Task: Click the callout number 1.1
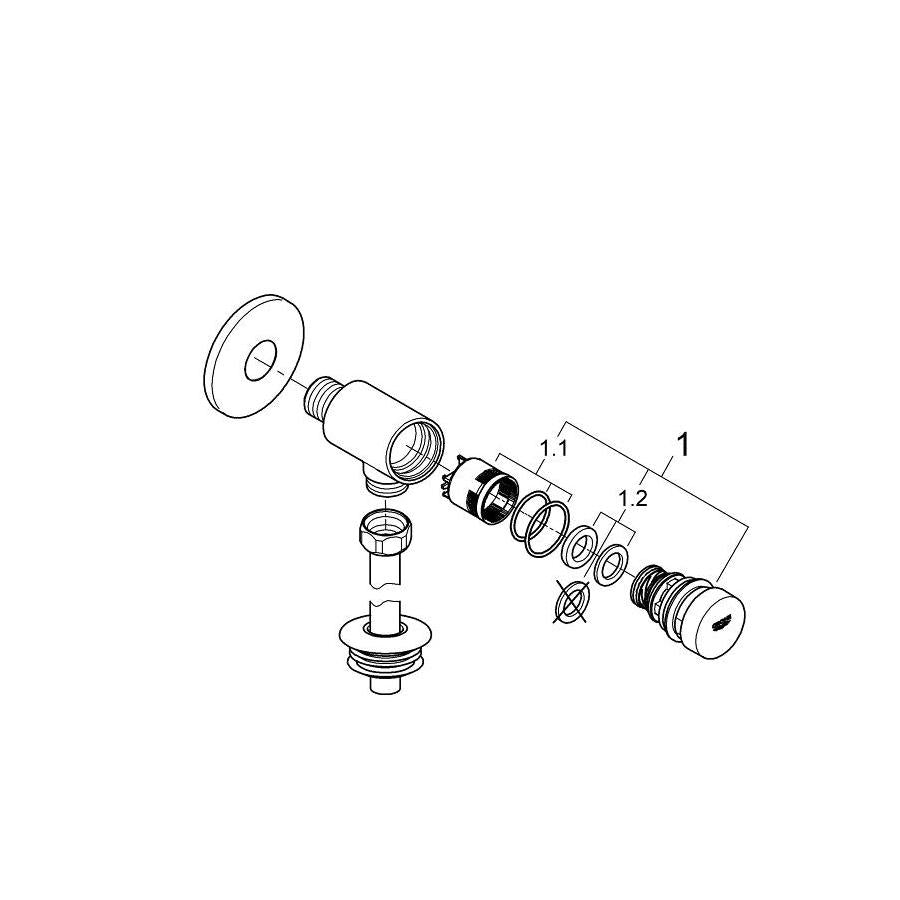554,448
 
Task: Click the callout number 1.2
633,498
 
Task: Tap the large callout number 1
683,445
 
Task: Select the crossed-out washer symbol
571,602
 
